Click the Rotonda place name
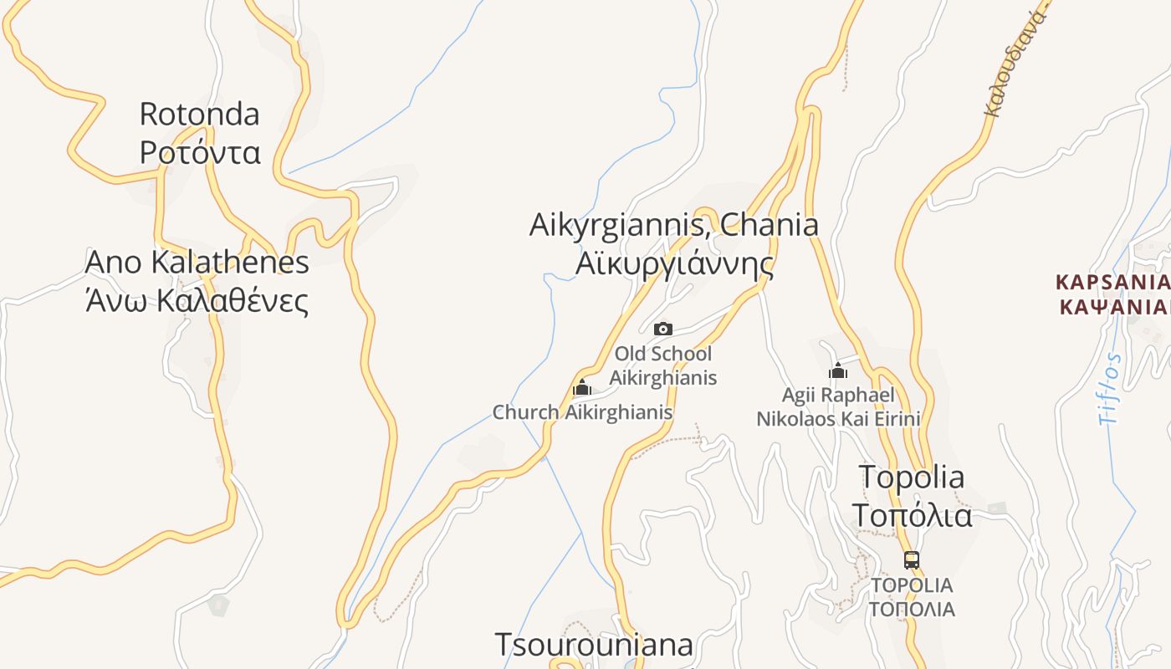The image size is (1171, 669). point(199,114)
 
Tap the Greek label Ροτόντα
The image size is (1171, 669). point(200,152)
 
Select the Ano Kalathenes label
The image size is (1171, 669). point(197,262)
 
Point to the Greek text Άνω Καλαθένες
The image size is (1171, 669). point(197,300)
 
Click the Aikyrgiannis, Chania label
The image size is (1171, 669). point(673,224)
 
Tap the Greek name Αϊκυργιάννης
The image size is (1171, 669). point(673,263)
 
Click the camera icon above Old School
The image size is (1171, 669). point(663,329)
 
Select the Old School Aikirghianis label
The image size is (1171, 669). point(663,365)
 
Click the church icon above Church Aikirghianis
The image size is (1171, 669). point(582,387)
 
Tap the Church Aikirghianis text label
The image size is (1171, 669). point(582,412)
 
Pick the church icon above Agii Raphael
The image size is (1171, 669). point(838,370)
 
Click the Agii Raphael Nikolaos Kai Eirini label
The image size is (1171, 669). point(838,406)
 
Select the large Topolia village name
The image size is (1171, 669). point(912,477)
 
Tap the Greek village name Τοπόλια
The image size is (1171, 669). point(912,515)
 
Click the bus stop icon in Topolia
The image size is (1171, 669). point(912,560)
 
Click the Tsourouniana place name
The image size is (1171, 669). point(594,645)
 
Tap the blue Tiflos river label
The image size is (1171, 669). point(1111,389)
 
